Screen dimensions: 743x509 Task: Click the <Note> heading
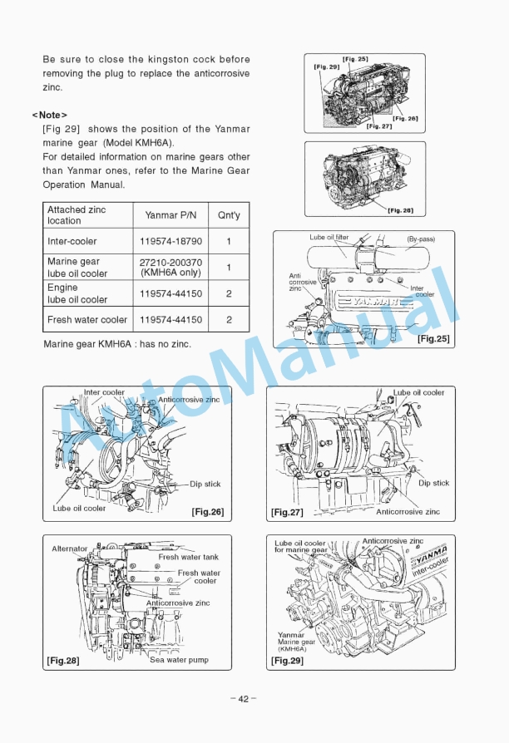[50, 114]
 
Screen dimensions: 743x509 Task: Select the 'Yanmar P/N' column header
[170, 215]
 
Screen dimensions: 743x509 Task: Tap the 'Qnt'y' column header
[229, 215]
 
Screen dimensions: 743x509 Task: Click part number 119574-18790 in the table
[170, 242]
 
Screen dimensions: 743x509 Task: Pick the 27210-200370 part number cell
[170, 263]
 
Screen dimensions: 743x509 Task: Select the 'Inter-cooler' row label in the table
[72, 242]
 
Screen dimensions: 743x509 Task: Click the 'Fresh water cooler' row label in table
[87, 319]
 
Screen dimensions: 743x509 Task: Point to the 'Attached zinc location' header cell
[77, 215]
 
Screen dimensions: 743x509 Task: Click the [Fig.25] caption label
[433, 338]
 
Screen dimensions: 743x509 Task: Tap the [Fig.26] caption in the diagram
[207, 511]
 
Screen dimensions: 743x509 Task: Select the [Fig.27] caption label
[287, 513]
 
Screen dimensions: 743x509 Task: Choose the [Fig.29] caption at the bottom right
[288, 661]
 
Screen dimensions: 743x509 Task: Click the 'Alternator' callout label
[70, 549]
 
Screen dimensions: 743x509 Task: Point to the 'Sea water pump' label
[179, 660]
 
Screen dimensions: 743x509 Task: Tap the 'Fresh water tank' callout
[189, 557]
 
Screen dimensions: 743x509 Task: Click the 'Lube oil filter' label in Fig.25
[329, 238]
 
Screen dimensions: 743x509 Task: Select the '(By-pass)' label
[420, 239]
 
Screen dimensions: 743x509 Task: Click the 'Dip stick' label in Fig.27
[433, 483]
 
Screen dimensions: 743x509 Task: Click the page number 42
[243, 698]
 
